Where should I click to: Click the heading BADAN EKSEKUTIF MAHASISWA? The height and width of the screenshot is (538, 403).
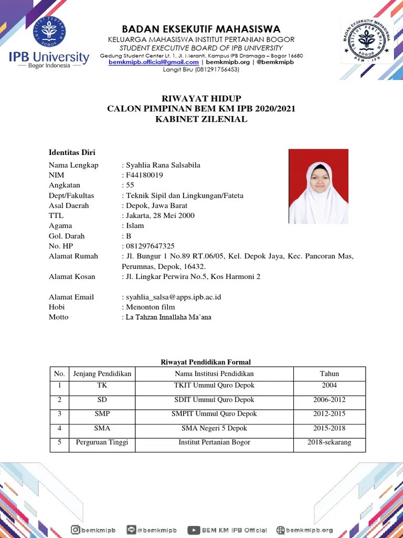[201, 29]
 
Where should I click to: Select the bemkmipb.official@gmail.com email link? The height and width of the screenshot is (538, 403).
[154, 62]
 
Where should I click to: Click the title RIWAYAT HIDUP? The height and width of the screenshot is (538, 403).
[201, 99]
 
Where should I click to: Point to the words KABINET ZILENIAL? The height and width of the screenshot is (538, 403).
[201, 119]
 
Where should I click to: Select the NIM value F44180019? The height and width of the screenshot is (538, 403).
[144, 175]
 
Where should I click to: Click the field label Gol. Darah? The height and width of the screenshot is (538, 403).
[67, 236]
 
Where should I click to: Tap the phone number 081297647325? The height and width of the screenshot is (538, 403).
[150, 246]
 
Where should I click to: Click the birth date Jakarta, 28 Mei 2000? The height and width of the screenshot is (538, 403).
[160, 215]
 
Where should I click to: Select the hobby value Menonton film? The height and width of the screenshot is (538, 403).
[149, 307]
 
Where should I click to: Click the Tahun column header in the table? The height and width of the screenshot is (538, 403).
[330, 374]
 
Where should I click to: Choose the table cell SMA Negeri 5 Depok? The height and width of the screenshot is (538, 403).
[214, 428]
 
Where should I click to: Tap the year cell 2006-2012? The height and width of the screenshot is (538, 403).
[330, 400]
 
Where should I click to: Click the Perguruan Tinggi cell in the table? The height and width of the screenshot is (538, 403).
[102, 442]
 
